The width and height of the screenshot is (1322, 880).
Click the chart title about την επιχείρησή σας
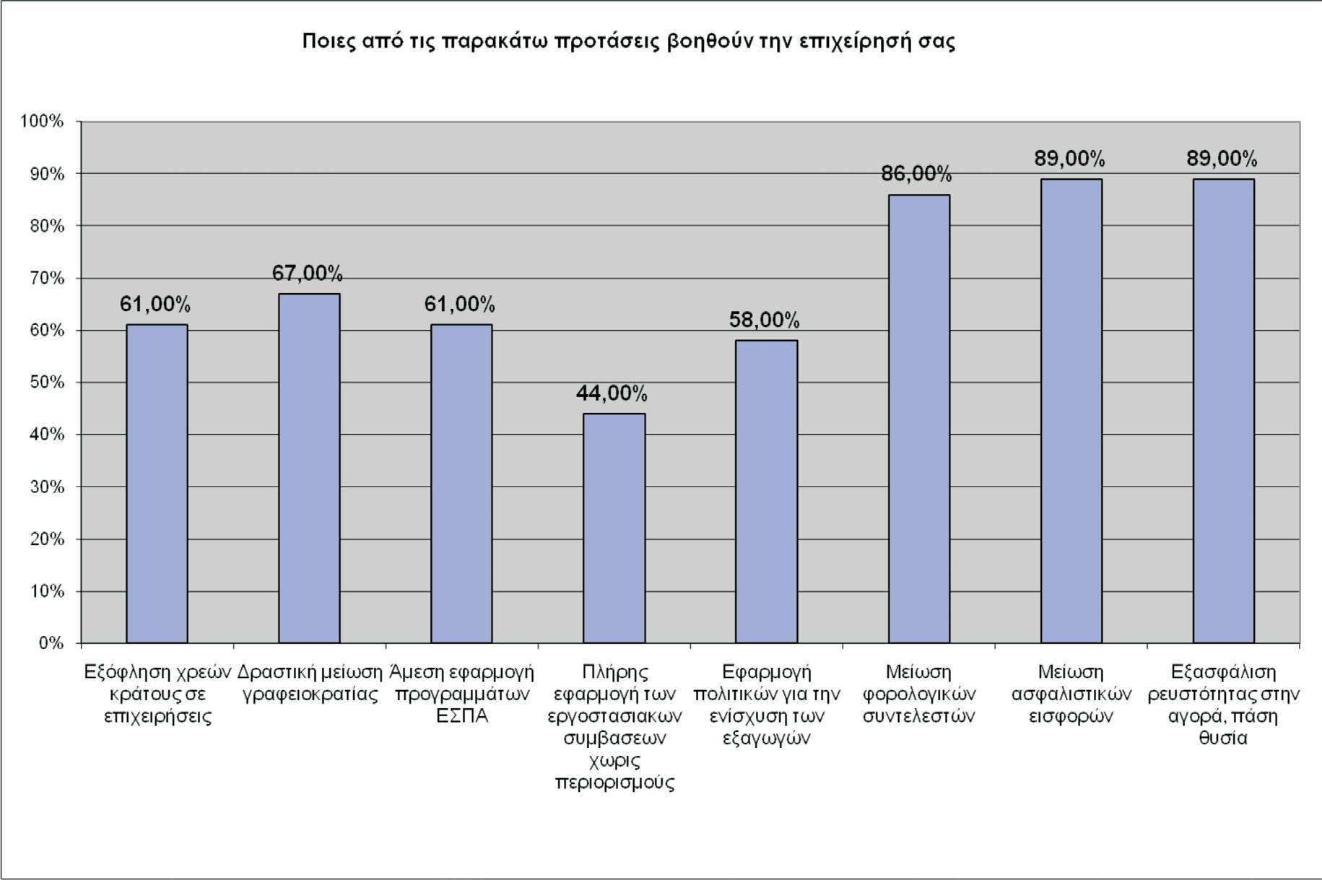point(628,41)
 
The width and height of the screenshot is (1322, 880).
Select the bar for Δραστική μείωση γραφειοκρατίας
point(309,468)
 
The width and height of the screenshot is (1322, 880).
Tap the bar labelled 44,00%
point(614,528)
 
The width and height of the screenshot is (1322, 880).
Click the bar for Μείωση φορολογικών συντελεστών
point(919,419)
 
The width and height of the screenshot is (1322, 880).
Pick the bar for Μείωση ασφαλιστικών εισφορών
point(1071,411)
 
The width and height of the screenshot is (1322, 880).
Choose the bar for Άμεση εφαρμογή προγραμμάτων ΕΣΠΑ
point(461,484)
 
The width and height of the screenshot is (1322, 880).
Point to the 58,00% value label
point(765,320)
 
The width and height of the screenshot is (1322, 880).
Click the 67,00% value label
point(308,274)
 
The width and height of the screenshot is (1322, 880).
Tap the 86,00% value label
point(917,174)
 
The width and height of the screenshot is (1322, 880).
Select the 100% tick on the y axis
point(42,121)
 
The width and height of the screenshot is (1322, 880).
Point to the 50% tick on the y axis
point(47,383)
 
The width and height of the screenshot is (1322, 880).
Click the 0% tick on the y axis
point(51,643)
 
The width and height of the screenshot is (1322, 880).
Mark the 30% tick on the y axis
point(47,487)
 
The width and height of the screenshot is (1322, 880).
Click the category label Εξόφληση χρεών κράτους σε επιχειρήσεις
point(157,694)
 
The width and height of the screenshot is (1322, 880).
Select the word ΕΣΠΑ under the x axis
point(462,716)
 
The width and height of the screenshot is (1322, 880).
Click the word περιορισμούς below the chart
point(615,783)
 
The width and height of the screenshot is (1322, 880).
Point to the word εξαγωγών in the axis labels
point(767,739)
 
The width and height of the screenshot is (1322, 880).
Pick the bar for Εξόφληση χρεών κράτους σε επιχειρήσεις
point(157,484)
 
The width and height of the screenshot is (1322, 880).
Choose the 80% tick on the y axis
point(47,226)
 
